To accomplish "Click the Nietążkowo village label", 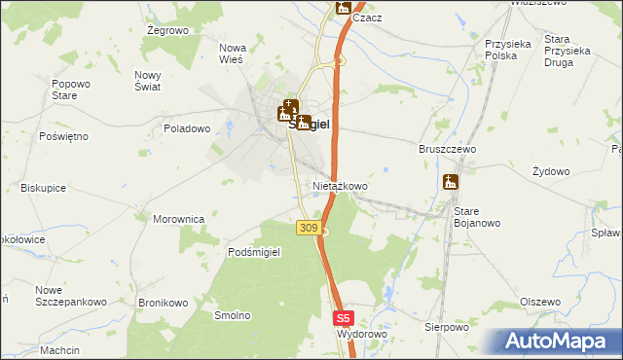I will point(340,185).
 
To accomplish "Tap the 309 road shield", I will point(307,228).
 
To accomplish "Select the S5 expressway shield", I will point(342,317).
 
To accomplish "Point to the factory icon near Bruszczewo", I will point(450,182).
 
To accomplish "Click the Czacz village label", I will point(367,18).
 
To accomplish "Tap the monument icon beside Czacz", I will point(343,8).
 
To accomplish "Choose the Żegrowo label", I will point(166,31).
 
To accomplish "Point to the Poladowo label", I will point(187,128).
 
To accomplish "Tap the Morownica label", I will point(178,219).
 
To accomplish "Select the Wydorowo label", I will point(361,334).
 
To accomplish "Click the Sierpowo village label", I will point(447,328).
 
